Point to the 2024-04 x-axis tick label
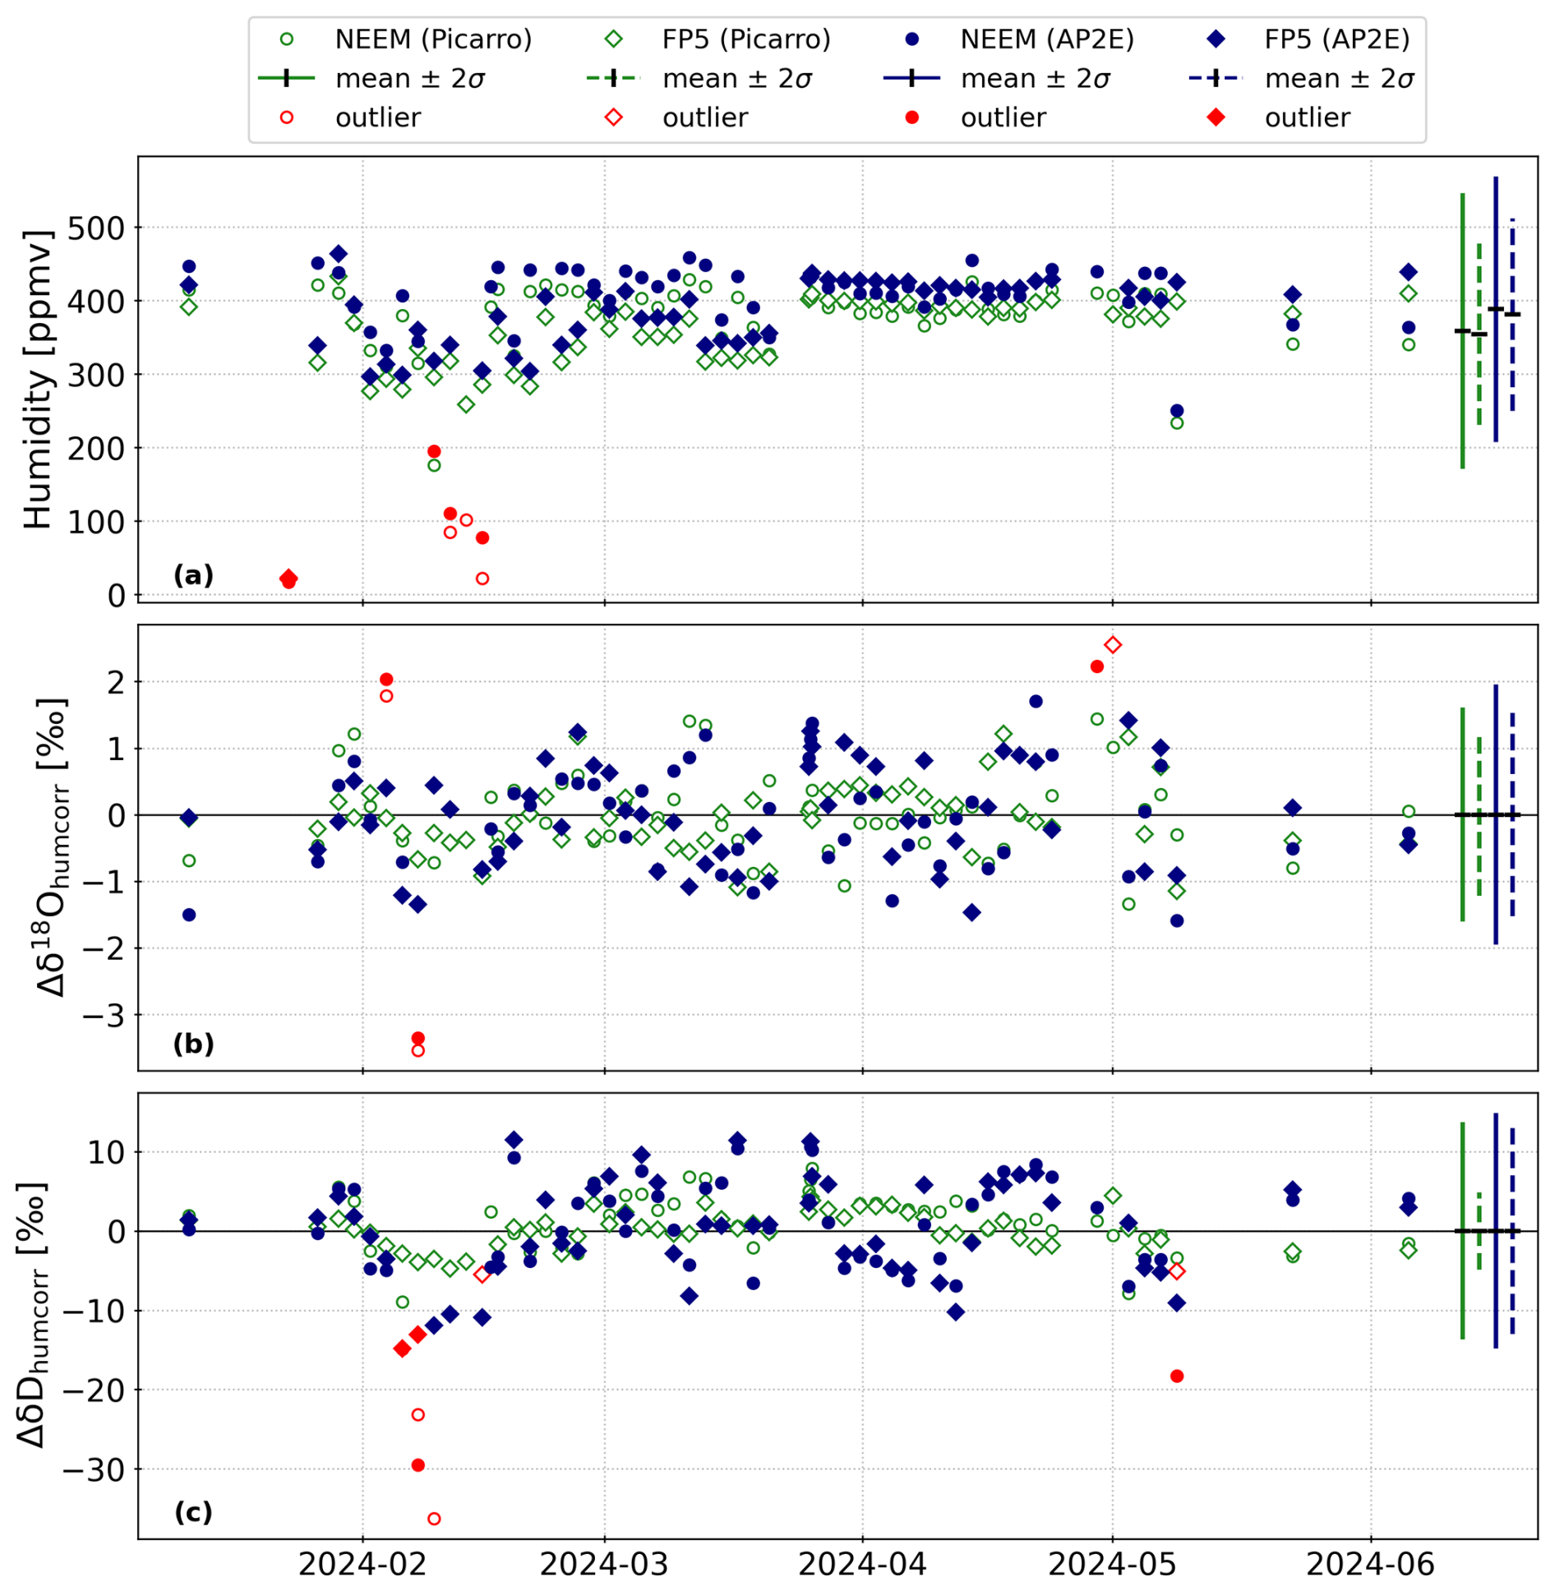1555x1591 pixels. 862,1563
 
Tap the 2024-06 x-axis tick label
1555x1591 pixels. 1369,1563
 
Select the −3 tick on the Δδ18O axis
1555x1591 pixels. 104,1016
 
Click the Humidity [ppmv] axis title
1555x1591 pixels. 38,378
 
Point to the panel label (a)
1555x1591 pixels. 193,575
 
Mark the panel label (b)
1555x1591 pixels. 193,1044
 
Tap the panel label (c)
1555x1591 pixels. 193,1512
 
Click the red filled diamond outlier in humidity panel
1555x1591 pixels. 288,578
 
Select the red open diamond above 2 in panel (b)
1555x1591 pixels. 1112,645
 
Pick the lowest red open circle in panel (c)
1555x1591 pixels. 434,1519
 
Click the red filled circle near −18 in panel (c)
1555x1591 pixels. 1176,1377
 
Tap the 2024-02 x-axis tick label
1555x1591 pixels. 362,1563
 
